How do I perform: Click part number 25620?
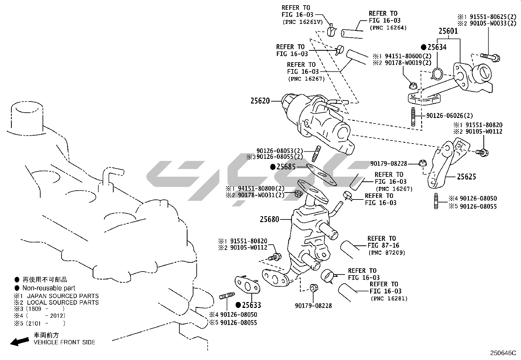pos(260,101)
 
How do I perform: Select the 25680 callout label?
pos(269,219)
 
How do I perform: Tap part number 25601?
pos(448,31)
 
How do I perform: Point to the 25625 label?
pos(466,177)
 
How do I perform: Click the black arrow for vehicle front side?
pos(19,342)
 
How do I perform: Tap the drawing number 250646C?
pos(503,353)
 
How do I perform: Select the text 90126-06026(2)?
pos(449,116)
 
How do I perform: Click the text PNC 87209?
pos(387,253)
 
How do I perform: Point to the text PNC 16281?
pos(389,298)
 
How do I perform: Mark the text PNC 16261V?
pos(302,22)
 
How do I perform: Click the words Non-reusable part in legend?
pos(48,288)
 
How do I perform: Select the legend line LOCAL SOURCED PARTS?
pos(63,302)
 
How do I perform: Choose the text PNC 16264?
pos(388,28)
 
